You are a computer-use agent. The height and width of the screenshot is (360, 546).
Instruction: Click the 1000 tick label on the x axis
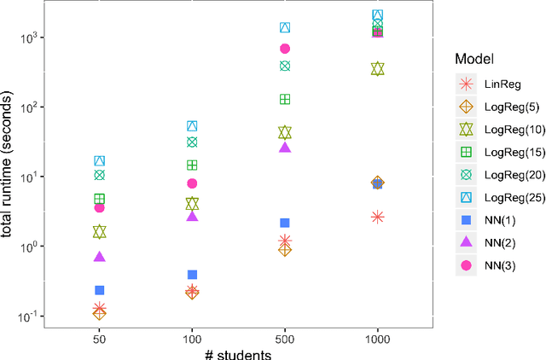coord(378,339)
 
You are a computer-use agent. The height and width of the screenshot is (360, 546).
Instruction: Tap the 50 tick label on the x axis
coord(99,339)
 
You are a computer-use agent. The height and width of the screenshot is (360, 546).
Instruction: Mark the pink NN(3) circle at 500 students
coord(285,49)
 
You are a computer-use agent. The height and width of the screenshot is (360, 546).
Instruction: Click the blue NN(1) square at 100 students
coord(192,275)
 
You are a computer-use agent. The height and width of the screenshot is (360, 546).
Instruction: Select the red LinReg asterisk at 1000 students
coord(378,217)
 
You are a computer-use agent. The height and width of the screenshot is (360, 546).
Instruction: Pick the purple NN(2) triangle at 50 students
coord(99,256)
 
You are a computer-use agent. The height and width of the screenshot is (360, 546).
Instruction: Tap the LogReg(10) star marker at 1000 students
coord(378,68)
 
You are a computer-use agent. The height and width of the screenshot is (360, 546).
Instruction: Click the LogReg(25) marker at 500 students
coord(285,28)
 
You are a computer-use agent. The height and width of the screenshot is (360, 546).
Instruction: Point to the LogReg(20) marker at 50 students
coord(99,175)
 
